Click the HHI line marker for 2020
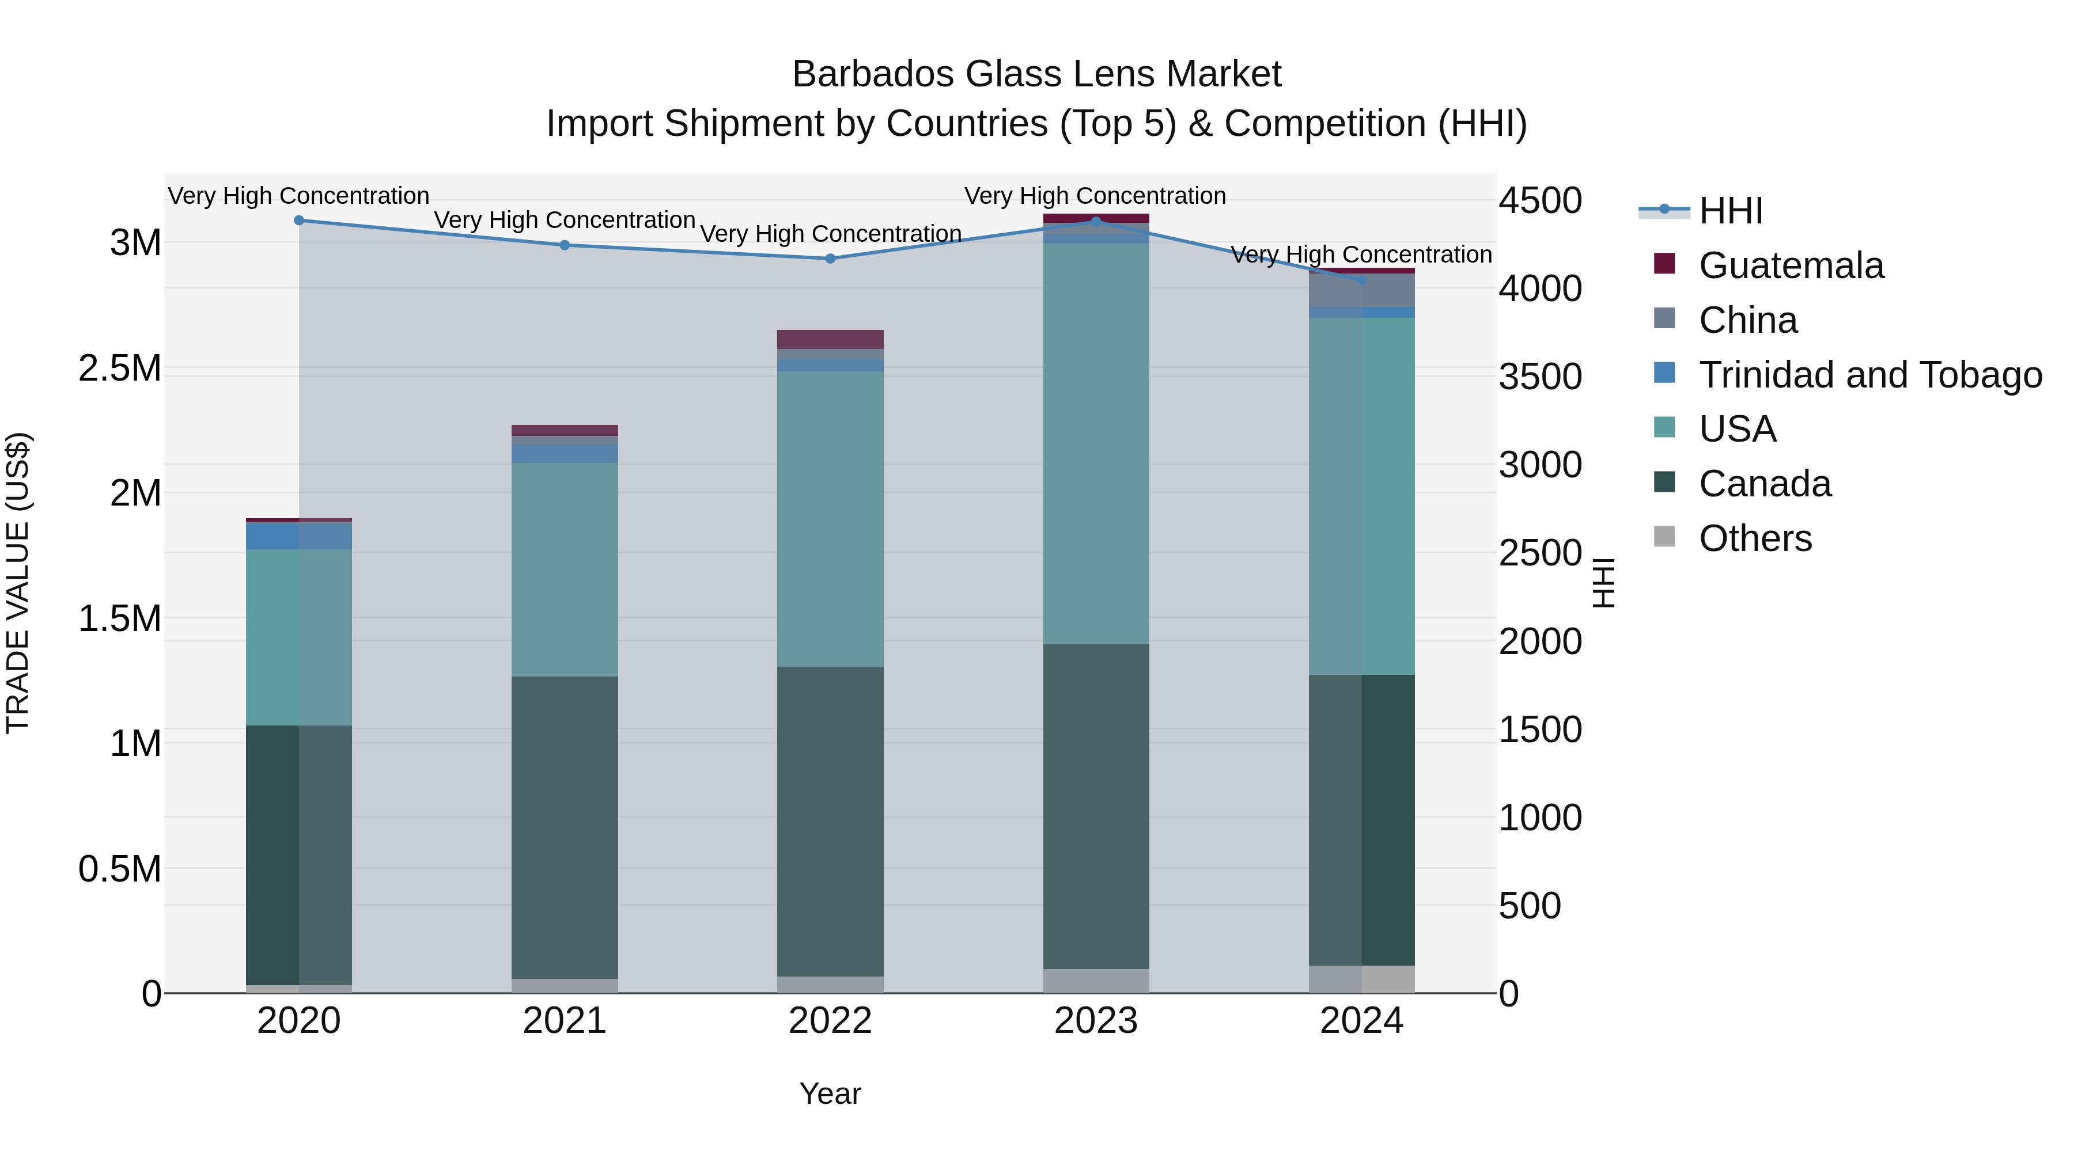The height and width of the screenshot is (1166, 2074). click(x=298, y=221)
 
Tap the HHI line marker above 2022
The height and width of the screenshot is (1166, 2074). click(x=830, y=259)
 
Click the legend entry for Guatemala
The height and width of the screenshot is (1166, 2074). click(x=1791, y=265)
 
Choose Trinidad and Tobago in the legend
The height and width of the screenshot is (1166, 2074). click(x=1869, y=375)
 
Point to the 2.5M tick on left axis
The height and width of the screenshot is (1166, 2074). click(x=120, y=369)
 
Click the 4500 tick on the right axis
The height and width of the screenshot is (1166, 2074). click(x=1540, y=200)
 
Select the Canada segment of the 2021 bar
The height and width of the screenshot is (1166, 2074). click(x=565, y=827)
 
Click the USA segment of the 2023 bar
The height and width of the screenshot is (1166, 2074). click(x=1096, y=443)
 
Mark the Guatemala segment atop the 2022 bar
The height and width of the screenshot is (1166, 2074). click(x=830, y=339)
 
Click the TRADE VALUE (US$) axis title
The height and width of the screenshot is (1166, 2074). click(x=18, y=583)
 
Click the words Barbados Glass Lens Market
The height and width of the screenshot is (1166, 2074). click(x=1036, y=74)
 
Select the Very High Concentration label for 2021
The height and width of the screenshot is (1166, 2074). click(x=565, y=220)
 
